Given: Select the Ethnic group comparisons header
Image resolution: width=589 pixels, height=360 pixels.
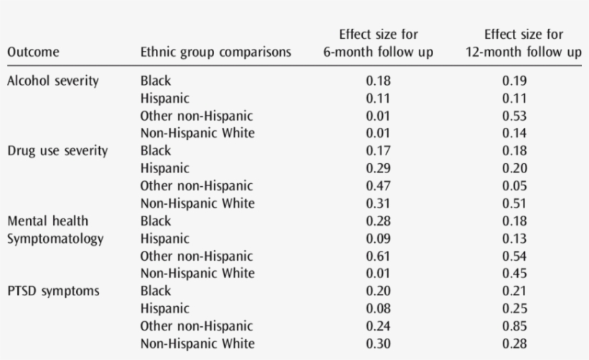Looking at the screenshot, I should pos(215,52).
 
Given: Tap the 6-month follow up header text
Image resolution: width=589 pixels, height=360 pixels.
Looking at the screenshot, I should pos(378,52).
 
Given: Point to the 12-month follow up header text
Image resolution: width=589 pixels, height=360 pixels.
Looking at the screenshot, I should pos(524,52).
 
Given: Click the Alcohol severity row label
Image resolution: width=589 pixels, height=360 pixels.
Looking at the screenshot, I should pos(52,80).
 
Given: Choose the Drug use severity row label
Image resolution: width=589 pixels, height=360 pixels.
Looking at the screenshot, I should pos(57,151).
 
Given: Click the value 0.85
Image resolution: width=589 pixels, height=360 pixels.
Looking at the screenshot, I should pos(514,326).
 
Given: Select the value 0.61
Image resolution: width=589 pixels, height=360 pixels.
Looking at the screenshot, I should pos(378,256).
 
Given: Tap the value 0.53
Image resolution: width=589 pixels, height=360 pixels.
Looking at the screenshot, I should pos(514,116).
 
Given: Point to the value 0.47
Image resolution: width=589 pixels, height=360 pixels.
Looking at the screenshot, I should pos(378,186).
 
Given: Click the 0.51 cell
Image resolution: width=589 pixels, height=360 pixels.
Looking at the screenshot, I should pos(514,203).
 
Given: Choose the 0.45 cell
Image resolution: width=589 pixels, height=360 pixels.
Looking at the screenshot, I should pos(514,274).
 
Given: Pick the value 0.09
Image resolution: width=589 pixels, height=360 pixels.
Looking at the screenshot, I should pos(378,239).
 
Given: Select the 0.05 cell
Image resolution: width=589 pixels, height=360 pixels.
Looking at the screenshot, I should pos(514,186).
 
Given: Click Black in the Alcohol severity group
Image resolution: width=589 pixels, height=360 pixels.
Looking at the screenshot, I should pos(156,80).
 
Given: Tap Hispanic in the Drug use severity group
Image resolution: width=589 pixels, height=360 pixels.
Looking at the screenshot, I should pos(164,169).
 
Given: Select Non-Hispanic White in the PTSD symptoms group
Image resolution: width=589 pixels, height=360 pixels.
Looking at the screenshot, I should pos(197,343).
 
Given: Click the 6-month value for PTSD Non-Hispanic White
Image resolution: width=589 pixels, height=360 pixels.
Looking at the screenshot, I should pos(378,343).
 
